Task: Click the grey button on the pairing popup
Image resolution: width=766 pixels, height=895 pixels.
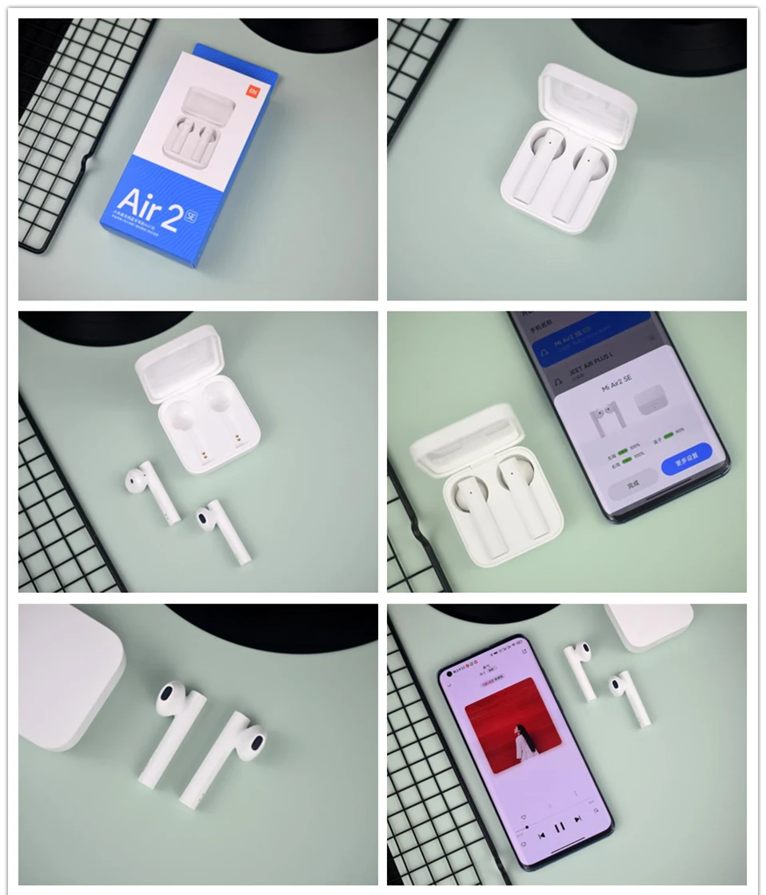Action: click(632, 484)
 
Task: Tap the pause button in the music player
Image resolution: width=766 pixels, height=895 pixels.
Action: click(559, 826)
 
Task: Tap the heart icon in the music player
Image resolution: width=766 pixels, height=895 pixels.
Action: click(524, 817)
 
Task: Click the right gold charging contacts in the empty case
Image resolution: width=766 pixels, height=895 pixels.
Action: click(237, 438)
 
